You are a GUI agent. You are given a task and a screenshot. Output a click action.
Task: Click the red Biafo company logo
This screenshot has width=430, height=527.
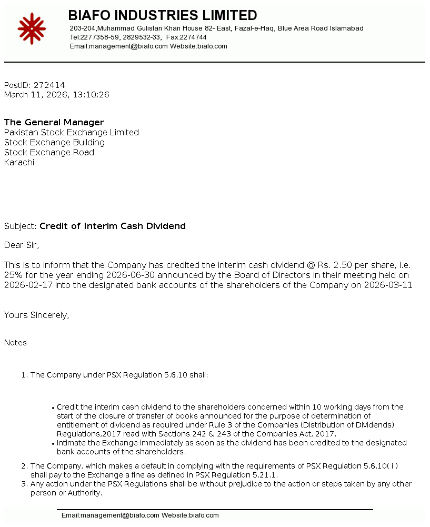[x=32, y=28]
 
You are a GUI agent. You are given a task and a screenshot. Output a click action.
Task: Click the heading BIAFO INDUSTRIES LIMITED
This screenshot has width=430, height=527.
[x=163, y=15]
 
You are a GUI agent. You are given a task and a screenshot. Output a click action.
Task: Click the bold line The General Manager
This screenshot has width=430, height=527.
[x=54, y=122]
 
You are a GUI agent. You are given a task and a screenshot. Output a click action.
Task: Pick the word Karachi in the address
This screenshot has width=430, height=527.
[x=19, y=162]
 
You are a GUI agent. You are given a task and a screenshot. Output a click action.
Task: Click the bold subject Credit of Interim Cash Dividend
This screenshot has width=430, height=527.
[x=113, y=226]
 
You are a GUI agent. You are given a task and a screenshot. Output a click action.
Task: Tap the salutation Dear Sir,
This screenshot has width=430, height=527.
[x=22, y=245]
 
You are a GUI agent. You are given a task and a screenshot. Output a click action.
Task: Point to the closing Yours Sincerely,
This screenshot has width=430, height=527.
[x=37, y=315]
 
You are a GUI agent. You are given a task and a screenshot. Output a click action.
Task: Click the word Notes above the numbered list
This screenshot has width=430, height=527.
[x=15, y=343]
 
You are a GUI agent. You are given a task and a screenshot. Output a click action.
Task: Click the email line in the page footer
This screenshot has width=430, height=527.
[x=140, y=515]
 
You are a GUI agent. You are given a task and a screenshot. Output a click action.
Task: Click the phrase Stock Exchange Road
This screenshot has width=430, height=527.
[x=49, y=152]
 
